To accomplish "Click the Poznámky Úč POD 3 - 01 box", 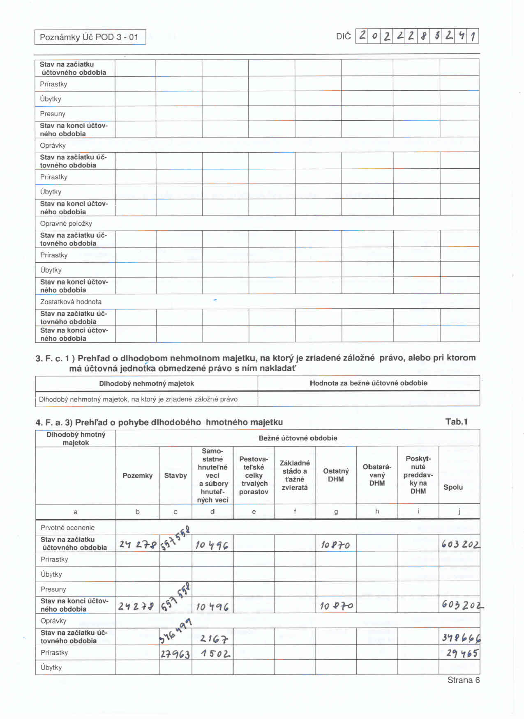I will (90, 37).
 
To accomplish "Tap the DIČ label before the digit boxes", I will (343, 37).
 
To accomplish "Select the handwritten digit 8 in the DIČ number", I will (423, 36).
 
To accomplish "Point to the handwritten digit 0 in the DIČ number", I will (374, 36).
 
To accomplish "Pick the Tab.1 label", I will (456, 422).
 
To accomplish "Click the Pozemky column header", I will (137, 475).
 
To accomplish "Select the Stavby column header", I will (175, 475).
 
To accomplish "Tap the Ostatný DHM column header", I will (336, 475).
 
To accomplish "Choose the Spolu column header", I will (453, 487).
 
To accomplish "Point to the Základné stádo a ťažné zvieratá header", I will (295, 475).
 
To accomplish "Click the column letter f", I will (295, 511).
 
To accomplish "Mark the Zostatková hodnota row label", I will (71, 302).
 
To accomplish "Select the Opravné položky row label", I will (66, 224).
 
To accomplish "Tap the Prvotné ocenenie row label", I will (67, 527).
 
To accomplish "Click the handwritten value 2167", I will (214, 639).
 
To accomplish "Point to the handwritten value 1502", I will (215, 654).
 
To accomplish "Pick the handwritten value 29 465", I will (462, 653).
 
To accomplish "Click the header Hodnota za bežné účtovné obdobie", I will (368, 383).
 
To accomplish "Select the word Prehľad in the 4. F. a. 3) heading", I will (91, 422).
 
